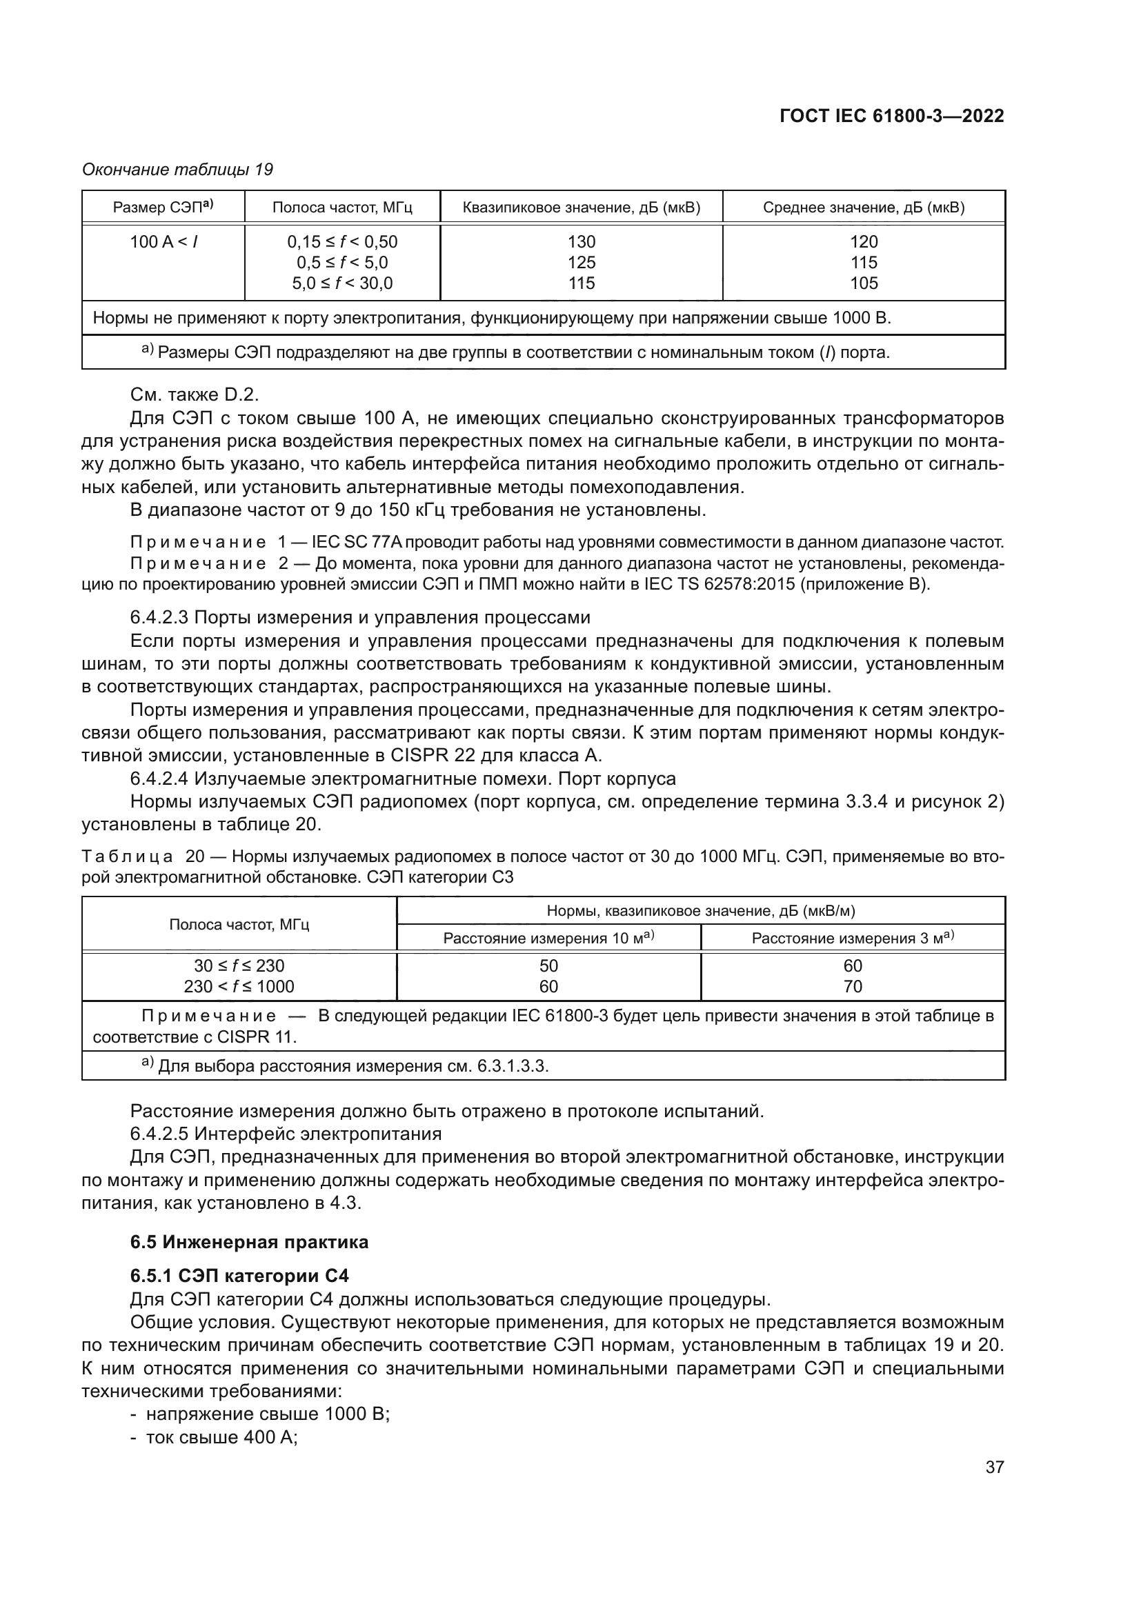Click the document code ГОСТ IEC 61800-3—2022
tap(891, 117)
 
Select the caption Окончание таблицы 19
tap(178, 170)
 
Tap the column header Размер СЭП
tap(163, 208)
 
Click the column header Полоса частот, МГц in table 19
tap(342, 208)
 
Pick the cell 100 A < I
tap(163, 241)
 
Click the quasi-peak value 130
tap(581, 241)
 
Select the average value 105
tap(864, 283)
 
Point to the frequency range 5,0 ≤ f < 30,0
tap(342, 283)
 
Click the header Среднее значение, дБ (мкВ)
tap(864, 208)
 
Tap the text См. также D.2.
tap(195, 395)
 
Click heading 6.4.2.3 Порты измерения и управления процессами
tap(359, 617)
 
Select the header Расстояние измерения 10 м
tap(548, 938)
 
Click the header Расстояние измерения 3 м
tap(852, 938)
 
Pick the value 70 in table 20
tap(852, 986)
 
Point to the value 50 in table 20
tap(548, 966)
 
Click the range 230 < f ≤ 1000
tap(239, 986)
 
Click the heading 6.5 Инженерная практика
tap(250, 1242)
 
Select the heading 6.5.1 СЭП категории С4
tap(239, 1276)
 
